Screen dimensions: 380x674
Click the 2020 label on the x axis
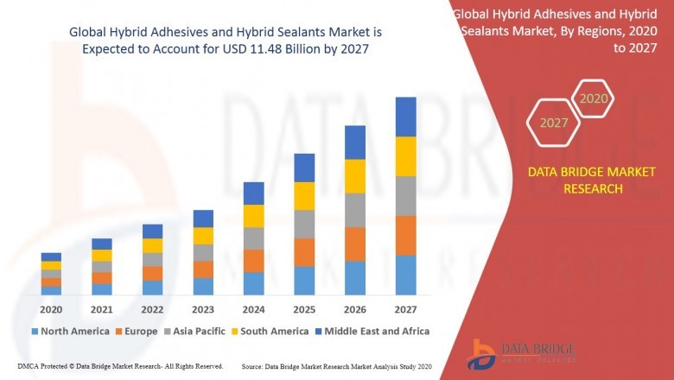click(x=51, y=309)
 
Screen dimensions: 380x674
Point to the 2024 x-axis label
click(x=253, y=309)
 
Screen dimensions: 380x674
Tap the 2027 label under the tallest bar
click(x=405, y=309)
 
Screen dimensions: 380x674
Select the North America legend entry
click(x=70, y=331)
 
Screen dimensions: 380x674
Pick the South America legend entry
click(x=271, y=331)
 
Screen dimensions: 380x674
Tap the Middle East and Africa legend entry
click(x=375, y=331)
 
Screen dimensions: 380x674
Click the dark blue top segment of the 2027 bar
click(x=405, y=117)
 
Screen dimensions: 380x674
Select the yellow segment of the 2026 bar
click(x=355, y=176)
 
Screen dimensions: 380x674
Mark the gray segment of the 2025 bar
click(x=304, y=224)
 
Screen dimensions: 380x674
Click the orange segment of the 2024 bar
click(x=253, y=261)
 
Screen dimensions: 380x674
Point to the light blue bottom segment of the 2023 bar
click(x=203, y=286)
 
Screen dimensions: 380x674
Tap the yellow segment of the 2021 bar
click(x=102, y=255)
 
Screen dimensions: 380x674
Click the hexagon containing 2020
click(x=594, y=99)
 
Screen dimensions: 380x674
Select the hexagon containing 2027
click(x=554, y=123)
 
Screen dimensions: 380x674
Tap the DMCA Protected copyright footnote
click(x=120, y=366)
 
